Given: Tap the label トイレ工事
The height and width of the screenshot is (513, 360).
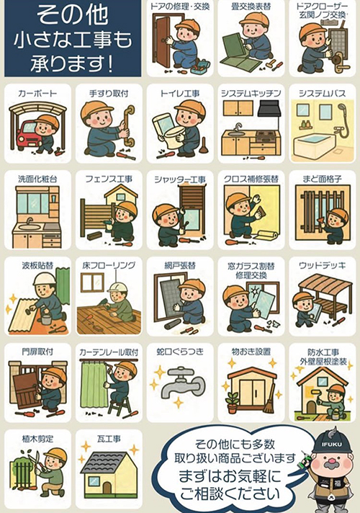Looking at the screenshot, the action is click(x=180, y=94).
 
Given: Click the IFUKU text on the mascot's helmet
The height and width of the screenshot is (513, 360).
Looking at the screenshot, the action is click(x=332, y=445).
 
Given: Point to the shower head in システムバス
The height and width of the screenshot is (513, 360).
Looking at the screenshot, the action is click(x=341, y=108).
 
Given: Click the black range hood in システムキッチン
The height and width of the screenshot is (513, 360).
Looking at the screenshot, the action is click(x=268, y=108).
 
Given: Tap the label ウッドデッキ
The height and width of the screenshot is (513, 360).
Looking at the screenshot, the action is click(x=322, y=266).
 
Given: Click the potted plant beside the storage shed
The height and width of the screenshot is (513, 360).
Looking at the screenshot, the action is click(x=232, y=402).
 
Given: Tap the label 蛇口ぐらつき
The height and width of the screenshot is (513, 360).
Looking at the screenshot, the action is click(x=180, y=352).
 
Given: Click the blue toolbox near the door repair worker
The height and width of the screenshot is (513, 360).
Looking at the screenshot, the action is click(x=200, y=67).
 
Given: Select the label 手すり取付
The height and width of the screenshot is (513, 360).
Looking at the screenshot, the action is click(x=109, y=94).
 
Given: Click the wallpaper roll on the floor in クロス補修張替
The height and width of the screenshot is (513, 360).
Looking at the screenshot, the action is click(x=267, y=236).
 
